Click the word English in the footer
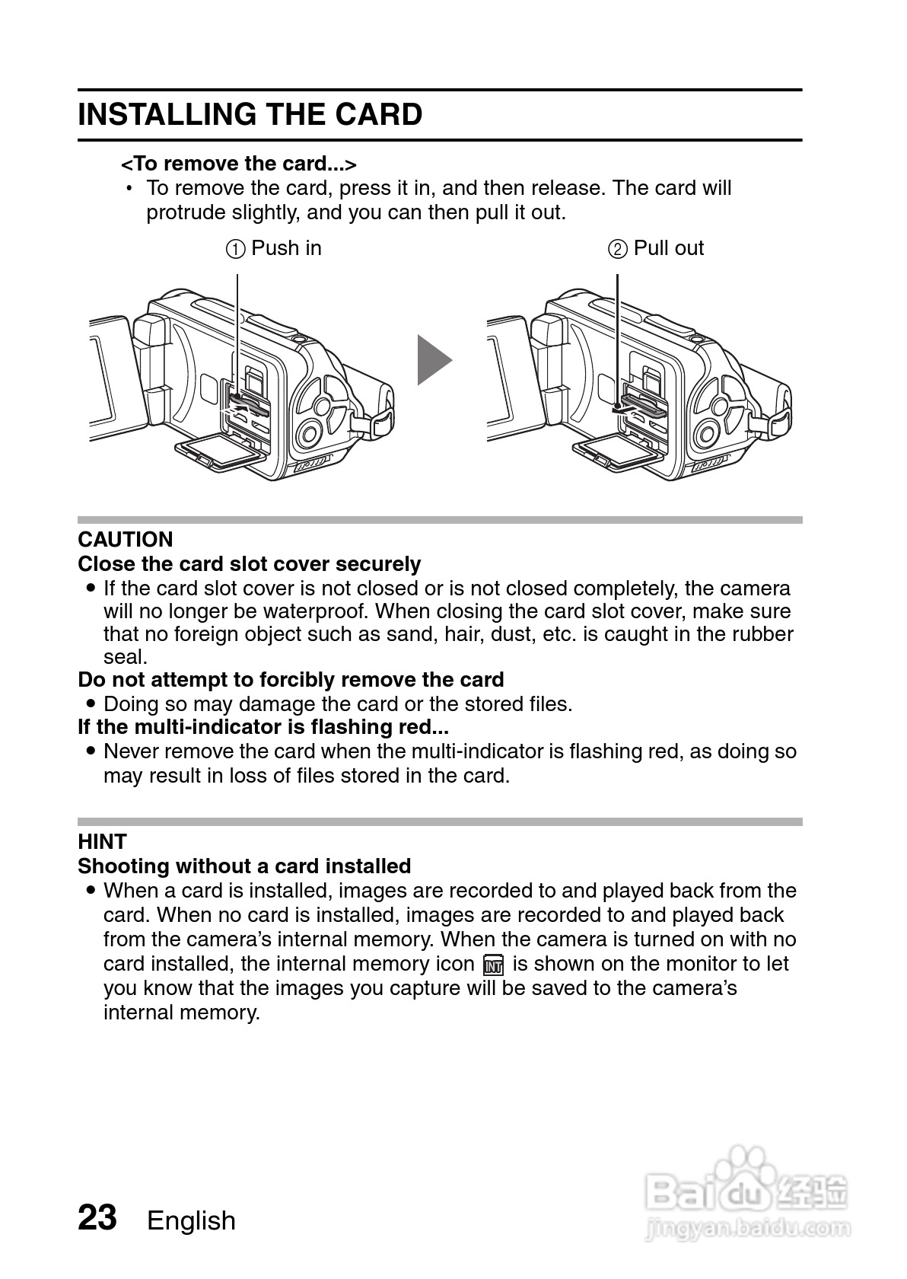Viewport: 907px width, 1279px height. click(x=191, y=1220)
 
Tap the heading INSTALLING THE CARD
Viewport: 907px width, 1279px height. click(x=250, y=115)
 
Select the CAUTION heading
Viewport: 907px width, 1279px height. click(x=126, y=540)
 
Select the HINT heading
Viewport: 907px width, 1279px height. click(x=102, y=841)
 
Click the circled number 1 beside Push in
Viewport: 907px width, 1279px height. click(x=236, y=249)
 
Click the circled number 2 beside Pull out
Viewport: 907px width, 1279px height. click(x=618, y=249)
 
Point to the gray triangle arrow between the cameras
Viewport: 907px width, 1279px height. click(x=433, y=359)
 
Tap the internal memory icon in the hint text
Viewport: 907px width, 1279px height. click(x=493, y=965)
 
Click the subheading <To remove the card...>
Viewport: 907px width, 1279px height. click(x=239, y=164)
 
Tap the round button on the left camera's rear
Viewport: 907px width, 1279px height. click(x=309, y=434)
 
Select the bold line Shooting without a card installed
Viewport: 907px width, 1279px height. click(x=244, y=866)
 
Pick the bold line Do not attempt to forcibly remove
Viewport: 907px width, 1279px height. click(x=291, y=679)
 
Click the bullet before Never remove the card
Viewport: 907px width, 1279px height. click(x=91, y=751)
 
